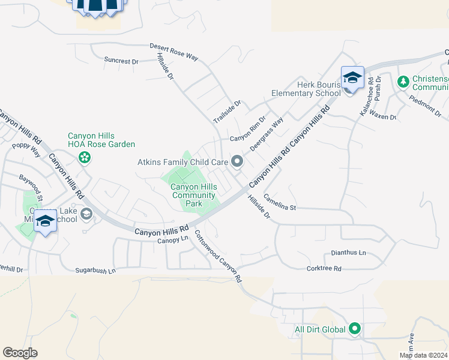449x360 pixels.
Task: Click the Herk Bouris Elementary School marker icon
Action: click(x=352, y=78)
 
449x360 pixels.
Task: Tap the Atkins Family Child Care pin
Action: click(x=237, y=161)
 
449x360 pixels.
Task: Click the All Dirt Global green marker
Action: click(x=355, y=329)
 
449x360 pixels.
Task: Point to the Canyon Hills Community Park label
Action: click(x=194, y=195)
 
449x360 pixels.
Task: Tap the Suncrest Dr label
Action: click(x=121, y=61)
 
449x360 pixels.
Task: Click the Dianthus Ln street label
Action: click(x=348, y=253)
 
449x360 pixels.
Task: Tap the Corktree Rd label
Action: click(x=324, y=268)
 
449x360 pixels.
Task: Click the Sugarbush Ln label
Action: click(x=95, y=271)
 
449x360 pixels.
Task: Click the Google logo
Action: click(x=20, y=353)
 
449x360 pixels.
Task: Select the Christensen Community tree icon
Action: click(x=404, y=80)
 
